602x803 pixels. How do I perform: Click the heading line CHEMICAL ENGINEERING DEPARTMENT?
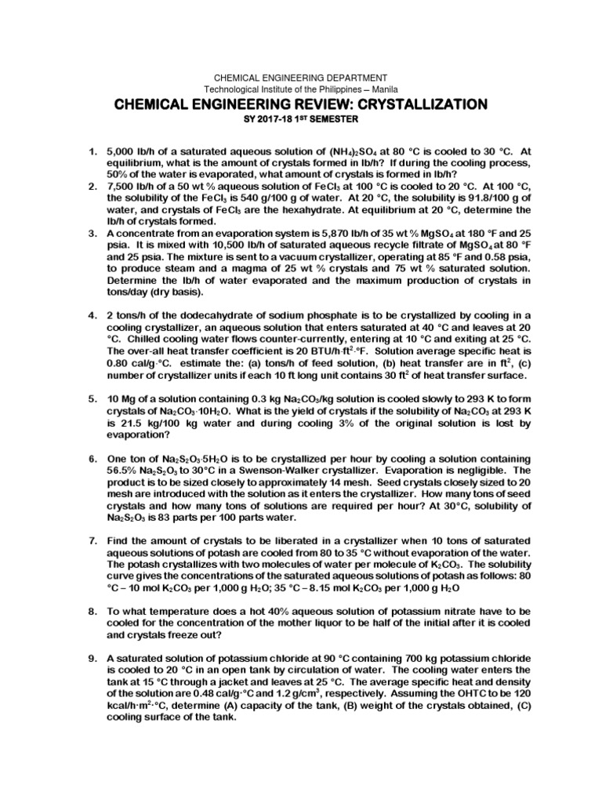tap(301, 77)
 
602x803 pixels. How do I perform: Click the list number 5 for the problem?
tap(91, 400)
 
